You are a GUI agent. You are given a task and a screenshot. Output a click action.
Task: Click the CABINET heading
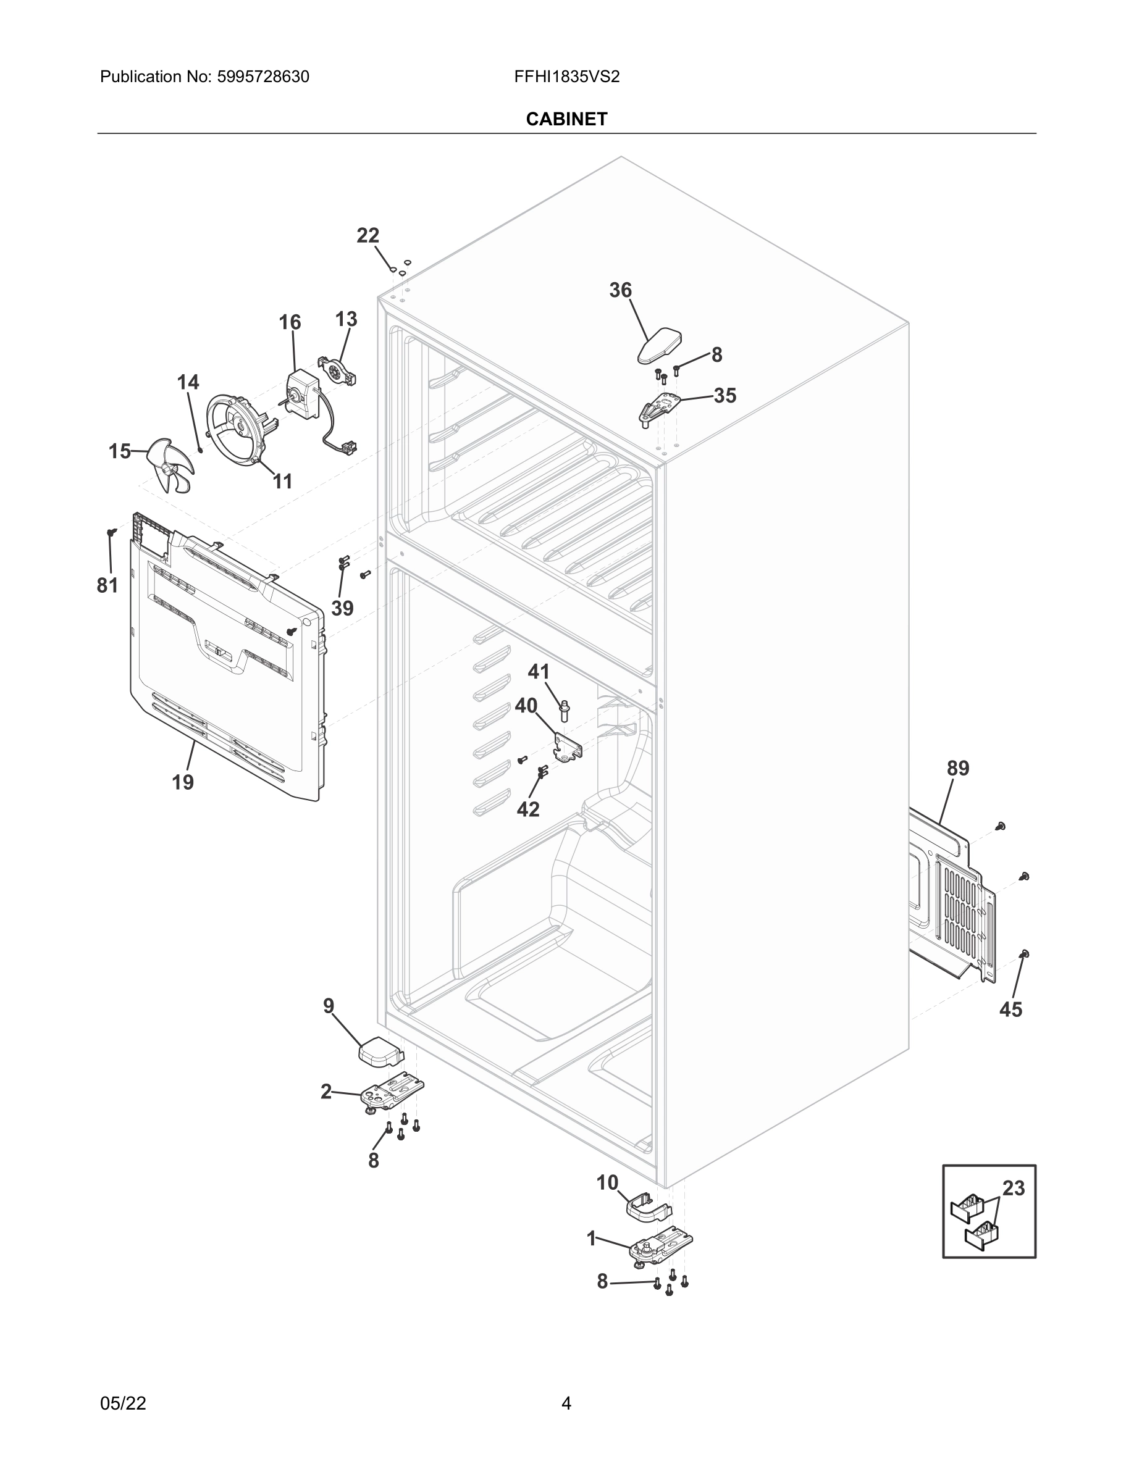(x=566, y=119)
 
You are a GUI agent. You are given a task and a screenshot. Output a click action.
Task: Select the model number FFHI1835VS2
(x=566, y=77)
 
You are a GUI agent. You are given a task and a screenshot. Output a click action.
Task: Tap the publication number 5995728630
(x=262, y=77)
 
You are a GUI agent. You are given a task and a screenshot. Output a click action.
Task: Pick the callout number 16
(x=290, y=322)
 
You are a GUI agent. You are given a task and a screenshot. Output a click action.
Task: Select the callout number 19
(x=182, y=782)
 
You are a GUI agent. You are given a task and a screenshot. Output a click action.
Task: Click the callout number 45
(x=1010, y=1009)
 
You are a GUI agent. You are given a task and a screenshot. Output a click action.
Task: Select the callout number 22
(x=367, y=236)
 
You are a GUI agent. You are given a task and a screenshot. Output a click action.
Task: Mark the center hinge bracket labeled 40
(x=567, y=747)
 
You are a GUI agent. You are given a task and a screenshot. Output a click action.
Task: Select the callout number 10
(x=607, y=1183)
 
